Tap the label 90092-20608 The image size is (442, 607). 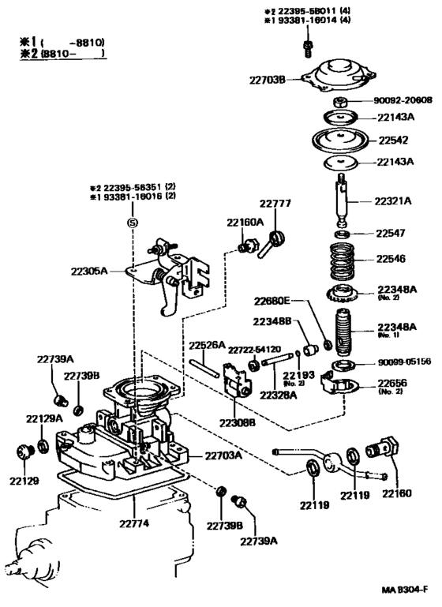point(402,101)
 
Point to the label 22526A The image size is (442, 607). point(207,344)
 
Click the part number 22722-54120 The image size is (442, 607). point(254,349)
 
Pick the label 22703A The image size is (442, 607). point(225,455)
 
